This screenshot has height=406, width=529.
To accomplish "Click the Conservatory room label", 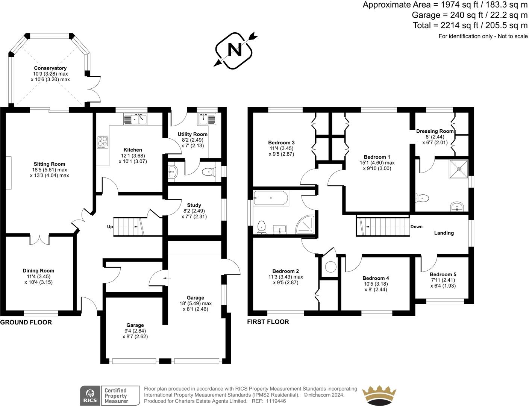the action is (x=50, y=68).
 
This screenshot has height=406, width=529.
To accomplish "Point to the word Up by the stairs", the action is (x=110, y=227).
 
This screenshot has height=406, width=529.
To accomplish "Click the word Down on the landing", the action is (x=416, y=227).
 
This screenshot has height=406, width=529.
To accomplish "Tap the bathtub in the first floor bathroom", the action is (x=271, y=198).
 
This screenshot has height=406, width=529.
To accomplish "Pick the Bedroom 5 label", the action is (x=443, y=274).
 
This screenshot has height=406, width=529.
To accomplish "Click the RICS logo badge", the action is (x=90, y=395).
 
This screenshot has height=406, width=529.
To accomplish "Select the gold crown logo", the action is (x=379, y=395).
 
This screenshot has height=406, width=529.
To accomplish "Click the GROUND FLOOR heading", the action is (x=26, y=322).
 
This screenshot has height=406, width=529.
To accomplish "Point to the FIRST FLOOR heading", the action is (x=268, y=322).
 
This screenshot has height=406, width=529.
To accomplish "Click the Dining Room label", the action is (x=38, y=271).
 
